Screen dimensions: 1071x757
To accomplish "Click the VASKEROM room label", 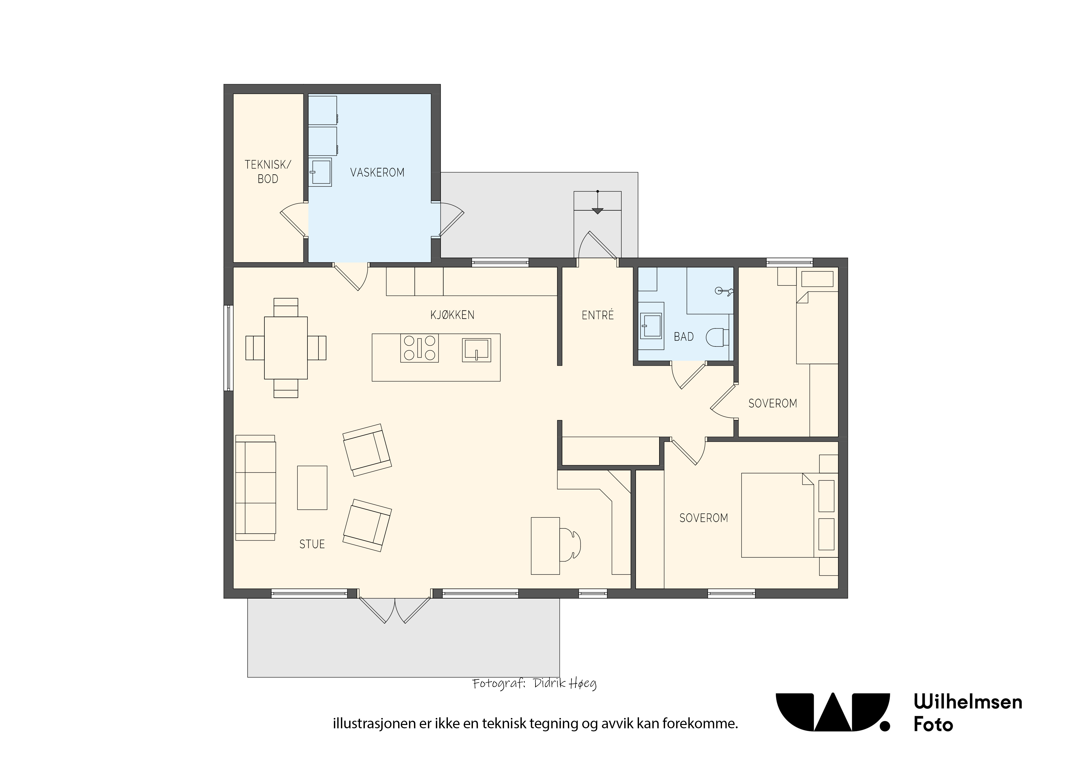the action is (x=377, y=172).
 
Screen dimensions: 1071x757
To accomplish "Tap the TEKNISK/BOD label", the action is (x=268, y=172).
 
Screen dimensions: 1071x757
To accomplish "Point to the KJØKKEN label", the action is (x=452, y=315).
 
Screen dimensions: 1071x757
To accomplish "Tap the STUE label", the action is (x=312, y=544).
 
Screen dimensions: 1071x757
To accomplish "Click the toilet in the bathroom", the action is (x=717, y=337).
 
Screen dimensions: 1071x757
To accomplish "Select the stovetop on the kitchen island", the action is (x=419, y=348).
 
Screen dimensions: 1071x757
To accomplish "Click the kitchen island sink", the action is (x=476, y=350).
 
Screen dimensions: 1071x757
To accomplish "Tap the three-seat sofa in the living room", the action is (x=256, y=487).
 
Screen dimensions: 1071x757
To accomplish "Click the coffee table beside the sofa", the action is (x=312, y=487).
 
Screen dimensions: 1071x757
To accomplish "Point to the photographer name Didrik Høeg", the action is (x=565, y=684).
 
